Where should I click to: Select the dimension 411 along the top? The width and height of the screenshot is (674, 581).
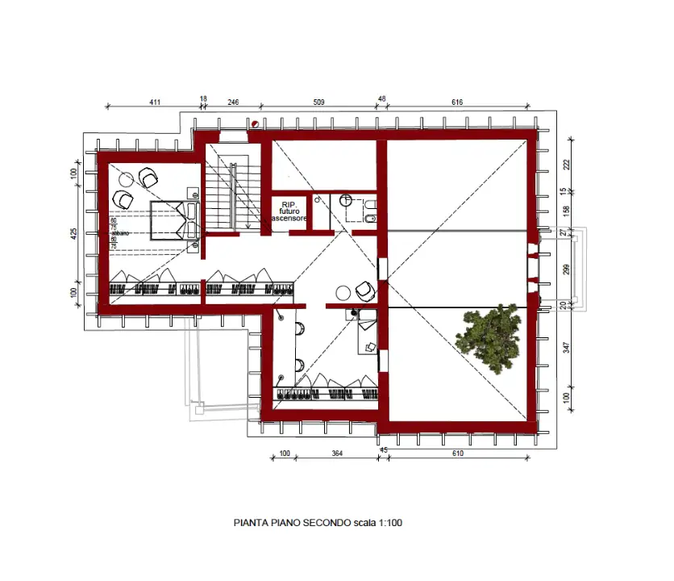click(156, 102)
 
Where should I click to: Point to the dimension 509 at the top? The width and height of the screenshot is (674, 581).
click(318, 102)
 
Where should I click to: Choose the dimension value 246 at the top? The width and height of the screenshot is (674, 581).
click(233, 102)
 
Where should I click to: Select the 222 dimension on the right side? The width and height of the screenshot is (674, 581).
click(567, 164)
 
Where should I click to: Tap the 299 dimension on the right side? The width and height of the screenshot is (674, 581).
click(567, 269)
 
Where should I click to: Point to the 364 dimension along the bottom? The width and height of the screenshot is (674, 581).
click(337, 454)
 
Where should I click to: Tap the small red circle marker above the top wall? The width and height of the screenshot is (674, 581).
click(256, 123)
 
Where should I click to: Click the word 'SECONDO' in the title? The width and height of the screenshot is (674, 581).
click(327, 523)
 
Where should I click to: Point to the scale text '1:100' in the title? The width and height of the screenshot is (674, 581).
click(390, 523)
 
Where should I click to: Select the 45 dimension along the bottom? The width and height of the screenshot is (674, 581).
click(383, 450)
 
